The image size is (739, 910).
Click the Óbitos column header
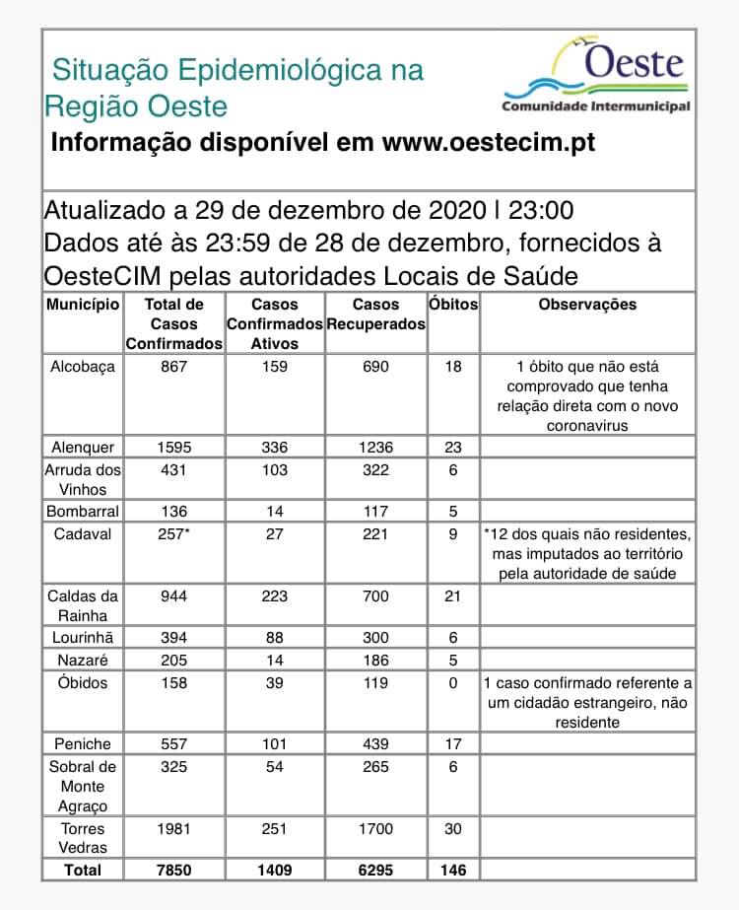tap(453, 305)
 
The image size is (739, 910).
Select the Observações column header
tap(587, 305)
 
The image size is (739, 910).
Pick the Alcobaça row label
tap(83, 367)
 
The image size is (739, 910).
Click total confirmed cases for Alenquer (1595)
tap(174, 448)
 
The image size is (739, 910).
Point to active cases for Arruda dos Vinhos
tap(274, 471)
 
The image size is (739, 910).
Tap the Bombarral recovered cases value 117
tap(375, 512)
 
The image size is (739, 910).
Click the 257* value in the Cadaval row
tap(174, 533)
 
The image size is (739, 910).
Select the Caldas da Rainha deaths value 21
tap(453, 596)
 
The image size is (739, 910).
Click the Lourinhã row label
tap(83, 638)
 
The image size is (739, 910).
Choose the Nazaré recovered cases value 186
tap(375, 660)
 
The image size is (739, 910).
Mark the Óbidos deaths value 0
tap(453, 682)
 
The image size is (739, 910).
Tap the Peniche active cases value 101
tap(274, 744)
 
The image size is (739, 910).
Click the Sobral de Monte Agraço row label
tap(83, 787)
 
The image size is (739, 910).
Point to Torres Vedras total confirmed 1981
tap(174, 829)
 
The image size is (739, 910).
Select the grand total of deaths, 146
tap(453, 870)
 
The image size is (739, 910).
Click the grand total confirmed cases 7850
tap(174, 870)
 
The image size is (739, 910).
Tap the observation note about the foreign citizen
tap(587, 702)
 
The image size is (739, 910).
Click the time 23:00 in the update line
tap(539, 211)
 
